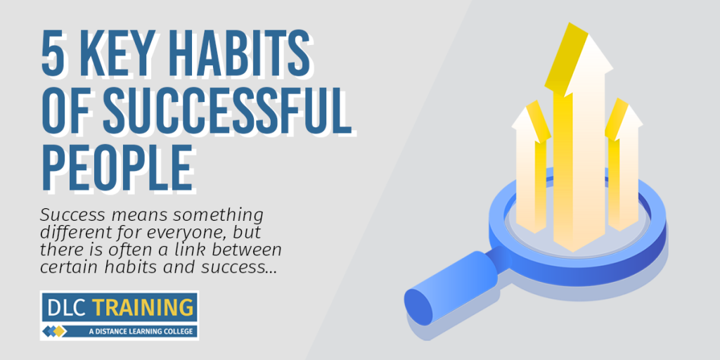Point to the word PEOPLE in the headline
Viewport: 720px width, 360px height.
click(x=117, y=166)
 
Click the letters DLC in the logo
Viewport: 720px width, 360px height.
click(x=67, y=307)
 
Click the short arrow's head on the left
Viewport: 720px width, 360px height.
click(x=532, y=121)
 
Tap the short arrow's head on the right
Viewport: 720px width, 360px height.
click(x=624, y=119)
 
